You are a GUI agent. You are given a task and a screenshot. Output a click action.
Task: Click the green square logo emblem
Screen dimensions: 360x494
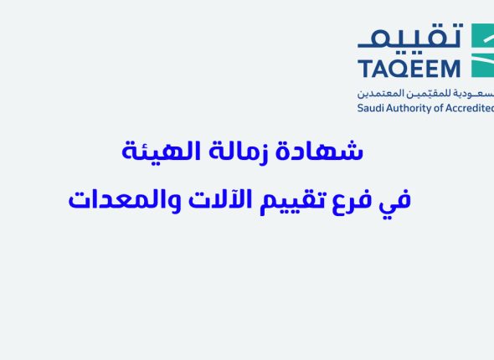(x=483, y=50)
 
